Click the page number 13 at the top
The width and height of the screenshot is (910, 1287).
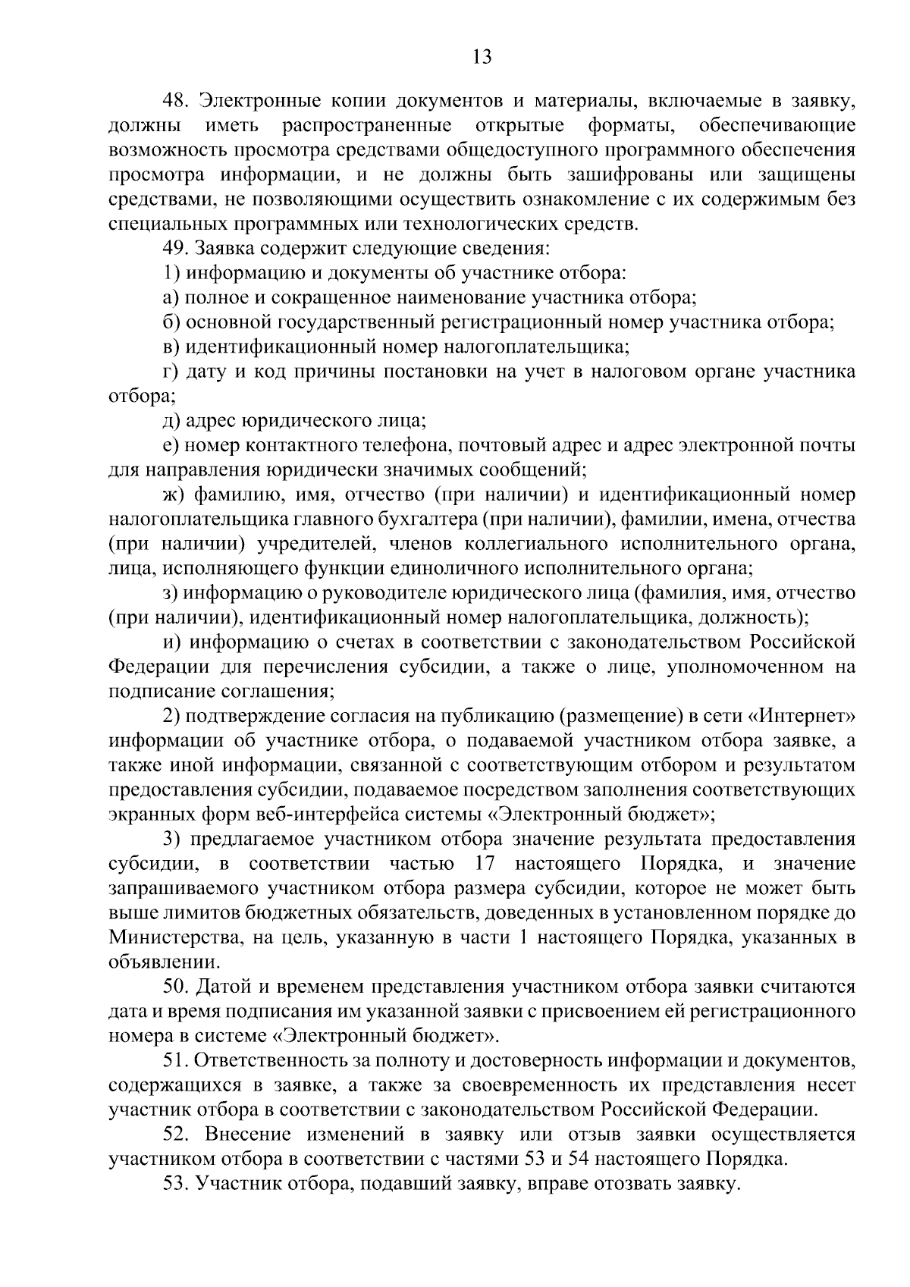[482, 58]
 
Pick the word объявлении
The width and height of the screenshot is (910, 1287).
[155, 962]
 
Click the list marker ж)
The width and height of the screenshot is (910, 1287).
[174, 494]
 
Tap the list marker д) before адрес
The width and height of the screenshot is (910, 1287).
[171, 420]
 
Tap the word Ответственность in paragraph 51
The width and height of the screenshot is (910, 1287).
[273, 1060]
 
